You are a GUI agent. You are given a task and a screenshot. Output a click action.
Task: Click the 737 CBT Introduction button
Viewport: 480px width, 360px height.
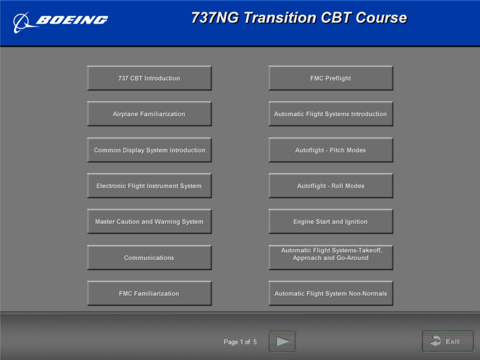[x=149, y=78]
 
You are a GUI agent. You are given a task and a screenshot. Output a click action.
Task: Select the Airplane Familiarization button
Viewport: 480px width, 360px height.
[x=149, y=114]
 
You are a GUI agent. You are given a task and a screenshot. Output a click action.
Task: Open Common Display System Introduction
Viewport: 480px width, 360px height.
[x=149, y=150]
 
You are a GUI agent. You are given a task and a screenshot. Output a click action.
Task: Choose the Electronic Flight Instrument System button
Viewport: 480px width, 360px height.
[x=149, y=186]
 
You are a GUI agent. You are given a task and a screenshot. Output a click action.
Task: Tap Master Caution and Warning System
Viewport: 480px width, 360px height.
[x=149, y=222]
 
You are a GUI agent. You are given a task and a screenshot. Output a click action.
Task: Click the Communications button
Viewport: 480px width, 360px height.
[x=149, y=258]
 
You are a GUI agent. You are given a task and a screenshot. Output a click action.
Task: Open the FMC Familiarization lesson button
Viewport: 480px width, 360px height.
[x=149, y=293]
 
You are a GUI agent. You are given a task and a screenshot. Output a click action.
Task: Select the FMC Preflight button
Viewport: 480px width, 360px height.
[x=331, y=78]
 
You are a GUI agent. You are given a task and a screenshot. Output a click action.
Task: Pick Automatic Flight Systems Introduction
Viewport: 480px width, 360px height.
[x=331, y=114]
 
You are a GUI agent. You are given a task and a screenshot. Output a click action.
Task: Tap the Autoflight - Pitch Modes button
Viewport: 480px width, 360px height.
[x=331, y=150]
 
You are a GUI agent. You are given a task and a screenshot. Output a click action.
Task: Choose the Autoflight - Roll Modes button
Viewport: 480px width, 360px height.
[x=331, y=186]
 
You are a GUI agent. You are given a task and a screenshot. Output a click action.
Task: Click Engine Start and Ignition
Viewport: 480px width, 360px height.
[x=331, y=222]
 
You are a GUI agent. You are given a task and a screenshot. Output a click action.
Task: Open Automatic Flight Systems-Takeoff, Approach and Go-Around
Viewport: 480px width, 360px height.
[x=331, y=258]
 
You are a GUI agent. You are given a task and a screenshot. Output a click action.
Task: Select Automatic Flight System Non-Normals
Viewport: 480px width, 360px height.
[x=331, y=293]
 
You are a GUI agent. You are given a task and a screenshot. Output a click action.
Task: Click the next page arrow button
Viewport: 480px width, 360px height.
[x=282, y=342]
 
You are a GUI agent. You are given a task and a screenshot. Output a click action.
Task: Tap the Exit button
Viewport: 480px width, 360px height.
[x=448, y=341]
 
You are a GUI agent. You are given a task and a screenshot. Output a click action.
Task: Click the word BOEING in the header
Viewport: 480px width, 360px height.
[x=72, y=20]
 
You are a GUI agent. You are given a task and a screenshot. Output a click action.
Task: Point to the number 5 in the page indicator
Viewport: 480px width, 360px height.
[x=255, y=342]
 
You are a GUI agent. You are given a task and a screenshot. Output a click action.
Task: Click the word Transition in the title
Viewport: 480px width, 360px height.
[x=280, y=18]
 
